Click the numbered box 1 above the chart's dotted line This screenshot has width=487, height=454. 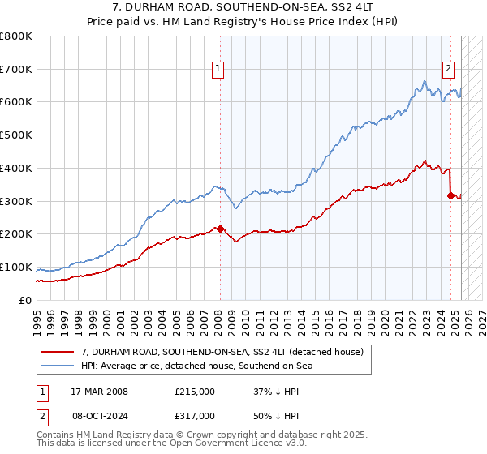click(x=219, y=70)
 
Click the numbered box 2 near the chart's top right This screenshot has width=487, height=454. click(x=448, y=70)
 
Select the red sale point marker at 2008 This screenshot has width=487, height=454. click(x=220, y=229)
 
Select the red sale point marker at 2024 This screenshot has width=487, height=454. click(x=450, y=195)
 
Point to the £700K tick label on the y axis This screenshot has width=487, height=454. click(x=16, y=70)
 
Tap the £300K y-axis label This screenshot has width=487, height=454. click(x=16, y=201)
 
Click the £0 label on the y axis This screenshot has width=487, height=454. click(x=26, y=300)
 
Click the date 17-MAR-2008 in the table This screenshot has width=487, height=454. click(x=99, y=392)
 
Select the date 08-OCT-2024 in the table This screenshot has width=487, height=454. click(x=99, y=416)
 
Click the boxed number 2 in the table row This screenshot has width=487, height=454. click(x=41, y=416)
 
